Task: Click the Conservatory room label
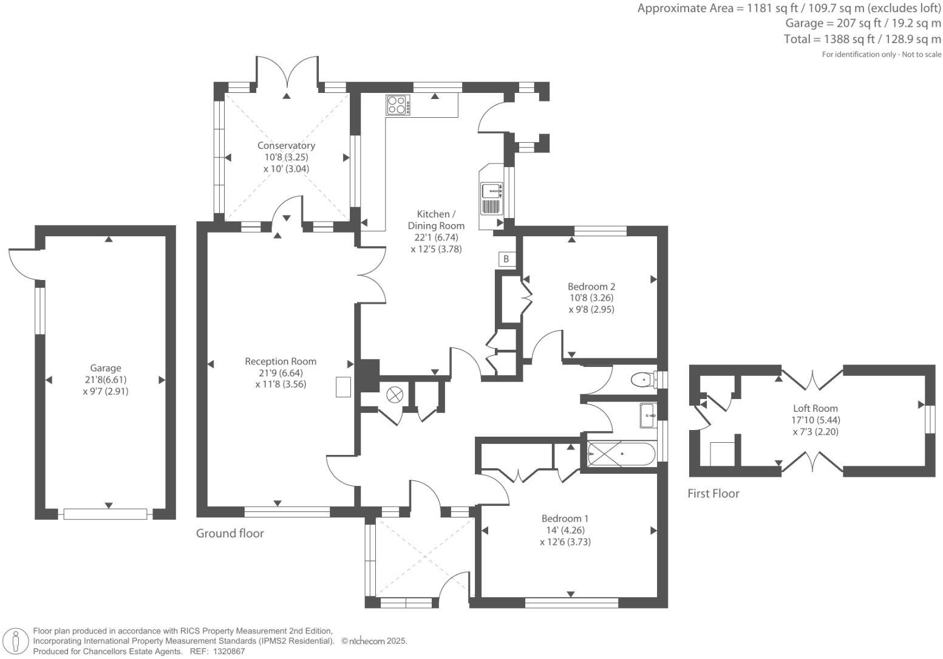[286, 146]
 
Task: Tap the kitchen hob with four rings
[398, 105]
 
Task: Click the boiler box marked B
[506, 259]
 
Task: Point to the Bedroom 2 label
[591, 287]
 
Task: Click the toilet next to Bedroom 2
[644, 380]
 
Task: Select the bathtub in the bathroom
[621, 454]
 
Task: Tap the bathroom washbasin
[648, 415]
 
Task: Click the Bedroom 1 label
[565, 519]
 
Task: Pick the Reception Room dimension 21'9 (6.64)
[281, 373]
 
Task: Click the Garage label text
[106, 368]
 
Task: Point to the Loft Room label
[815, 408]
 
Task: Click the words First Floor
[713, 494]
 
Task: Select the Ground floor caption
[230, 533]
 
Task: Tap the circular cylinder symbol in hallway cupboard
[395, 395]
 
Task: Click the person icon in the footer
[16, 643]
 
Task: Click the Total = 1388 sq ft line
[862, 39]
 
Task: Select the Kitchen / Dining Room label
[436, 220]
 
